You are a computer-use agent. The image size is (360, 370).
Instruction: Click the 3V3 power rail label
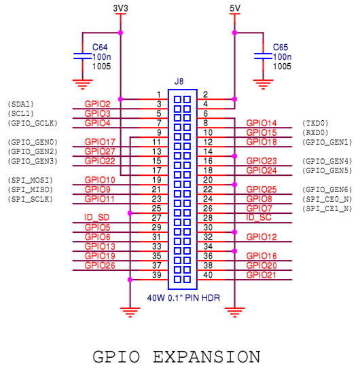(120, 8)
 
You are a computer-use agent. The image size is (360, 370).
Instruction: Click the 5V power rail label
(235, 8)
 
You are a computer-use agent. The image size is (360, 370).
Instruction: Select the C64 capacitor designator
(100, 48)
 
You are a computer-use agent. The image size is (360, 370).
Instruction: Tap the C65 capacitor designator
(281, 48)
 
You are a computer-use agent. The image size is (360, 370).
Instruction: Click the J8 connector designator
(179, 81)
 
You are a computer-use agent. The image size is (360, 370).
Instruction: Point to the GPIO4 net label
(97, 123)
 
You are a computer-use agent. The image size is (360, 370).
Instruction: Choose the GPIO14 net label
(262, 123)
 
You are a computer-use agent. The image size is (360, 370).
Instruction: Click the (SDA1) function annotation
(21, 104)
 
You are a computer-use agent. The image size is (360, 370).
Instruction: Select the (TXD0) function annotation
(315, 123)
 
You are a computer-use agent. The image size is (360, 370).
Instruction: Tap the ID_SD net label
(96, 217)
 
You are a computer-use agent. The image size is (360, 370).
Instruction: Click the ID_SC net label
(259, 217)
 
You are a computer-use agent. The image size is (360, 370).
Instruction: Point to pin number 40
(208, 275)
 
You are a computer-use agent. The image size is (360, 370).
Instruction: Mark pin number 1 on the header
(159, 94)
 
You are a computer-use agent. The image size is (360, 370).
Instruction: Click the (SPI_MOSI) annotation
(30, 180)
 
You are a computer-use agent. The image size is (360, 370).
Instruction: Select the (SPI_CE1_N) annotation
(327, 208)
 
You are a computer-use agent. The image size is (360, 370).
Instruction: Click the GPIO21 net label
(261, 275)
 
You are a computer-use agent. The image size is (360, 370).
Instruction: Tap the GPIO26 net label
(100, 265)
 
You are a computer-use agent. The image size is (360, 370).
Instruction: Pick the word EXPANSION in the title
(206, 356)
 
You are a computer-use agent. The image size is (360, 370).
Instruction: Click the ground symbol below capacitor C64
(82, 84)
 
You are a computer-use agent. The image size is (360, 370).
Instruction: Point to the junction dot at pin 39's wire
(130, 280)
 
